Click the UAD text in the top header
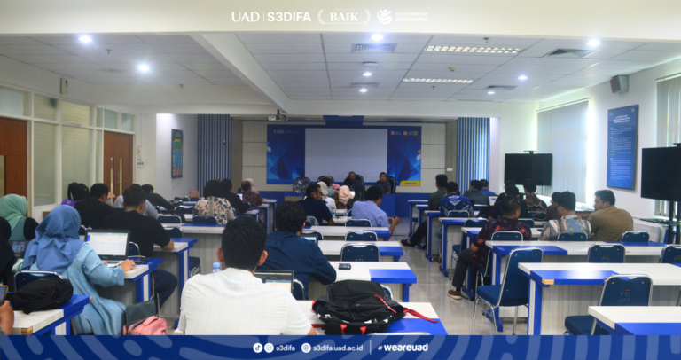(244, 16)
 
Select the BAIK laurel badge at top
(344, 16)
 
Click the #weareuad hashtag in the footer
(403, 348)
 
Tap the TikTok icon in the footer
(257, 348)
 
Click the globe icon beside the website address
(306, 348)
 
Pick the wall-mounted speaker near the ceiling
(619, 84)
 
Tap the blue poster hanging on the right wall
(622, 146)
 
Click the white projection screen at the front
(345, 153)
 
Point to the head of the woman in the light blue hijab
(59, 223)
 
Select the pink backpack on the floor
(146, 325)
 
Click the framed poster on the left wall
(176, 153)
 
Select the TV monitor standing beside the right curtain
(528, 168)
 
